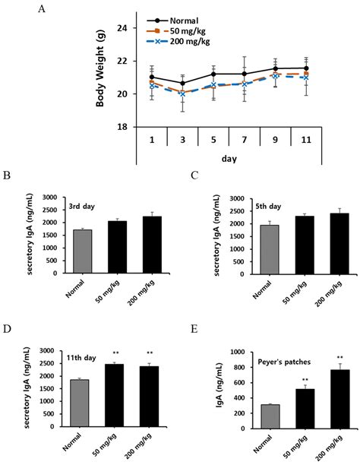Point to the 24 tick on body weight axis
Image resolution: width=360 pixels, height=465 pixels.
coord(121,27)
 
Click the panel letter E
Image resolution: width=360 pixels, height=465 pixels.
coord(197,331)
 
